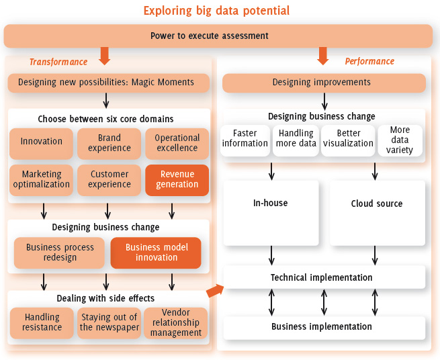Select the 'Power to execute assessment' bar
218,36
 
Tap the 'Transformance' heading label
58,62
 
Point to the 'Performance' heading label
370,62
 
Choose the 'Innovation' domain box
41,142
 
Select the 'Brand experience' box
109,142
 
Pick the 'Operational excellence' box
177,142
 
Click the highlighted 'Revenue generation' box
177,179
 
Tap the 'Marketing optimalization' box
41,179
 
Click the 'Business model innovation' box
156,253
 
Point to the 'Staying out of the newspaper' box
109,322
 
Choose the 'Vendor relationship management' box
176,322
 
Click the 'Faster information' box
245,138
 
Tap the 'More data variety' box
400,139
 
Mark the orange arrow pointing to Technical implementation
215,290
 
